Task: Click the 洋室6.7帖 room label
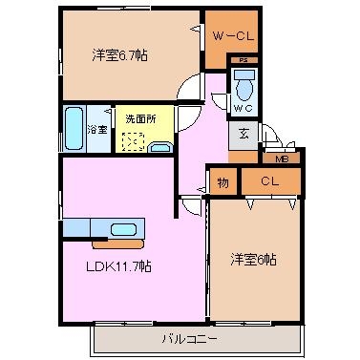pos(119,55)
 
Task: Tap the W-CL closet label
pos(233,36)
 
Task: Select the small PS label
pos(244,60)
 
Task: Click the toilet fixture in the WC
pos(244,85)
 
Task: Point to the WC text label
pos(243,108)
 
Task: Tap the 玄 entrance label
pos(244,135)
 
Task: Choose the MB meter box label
pos(282,159)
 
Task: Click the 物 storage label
pos(222,182)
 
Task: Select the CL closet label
pos(270,181)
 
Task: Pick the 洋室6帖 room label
pos(253,260)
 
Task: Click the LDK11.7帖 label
pos(118,266)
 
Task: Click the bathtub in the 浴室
pos(74,128)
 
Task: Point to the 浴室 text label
pos(97,129)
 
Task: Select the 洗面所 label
pos(140,119)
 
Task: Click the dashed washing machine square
pos(133,142)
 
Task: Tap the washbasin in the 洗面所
pos(160,147)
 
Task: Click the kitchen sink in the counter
pos(124,229)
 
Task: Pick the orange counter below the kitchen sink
pos(117,244)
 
